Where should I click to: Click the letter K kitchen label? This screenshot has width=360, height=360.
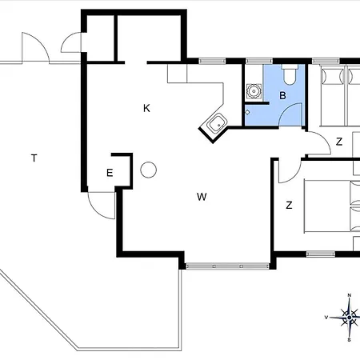coord(146,108)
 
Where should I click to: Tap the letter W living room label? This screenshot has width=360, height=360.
coord(202,197)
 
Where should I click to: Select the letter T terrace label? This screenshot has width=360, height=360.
coord(34,158)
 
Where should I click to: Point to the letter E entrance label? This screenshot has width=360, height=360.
coord(110,173)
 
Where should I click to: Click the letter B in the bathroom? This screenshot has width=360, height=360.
coord(282,95)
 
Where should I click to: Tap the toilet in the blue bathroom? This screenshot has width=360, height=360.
coord(289,74)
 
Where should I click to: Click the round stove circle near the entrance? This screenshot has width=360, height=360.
coord(148,170)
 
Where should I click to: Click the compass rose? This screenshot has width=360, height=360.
coord(349,318)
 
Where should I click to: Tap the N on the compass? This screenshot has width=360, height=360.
coord(350,295)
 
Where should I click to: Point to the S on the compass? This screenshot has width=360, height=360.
coord(349,340)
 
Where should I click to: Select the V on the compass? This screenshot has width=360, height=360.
coord(326,318)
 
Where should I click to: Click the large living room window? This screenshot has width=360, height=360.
coord(227,266)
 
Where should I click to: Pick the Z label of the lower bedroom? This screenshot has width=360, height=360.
coord(289,206)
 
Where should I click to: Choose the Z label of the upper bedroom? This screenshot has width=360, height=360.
coord(339,142)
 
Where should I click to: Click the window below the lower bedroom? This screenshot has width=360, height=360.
coord(321,254)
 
